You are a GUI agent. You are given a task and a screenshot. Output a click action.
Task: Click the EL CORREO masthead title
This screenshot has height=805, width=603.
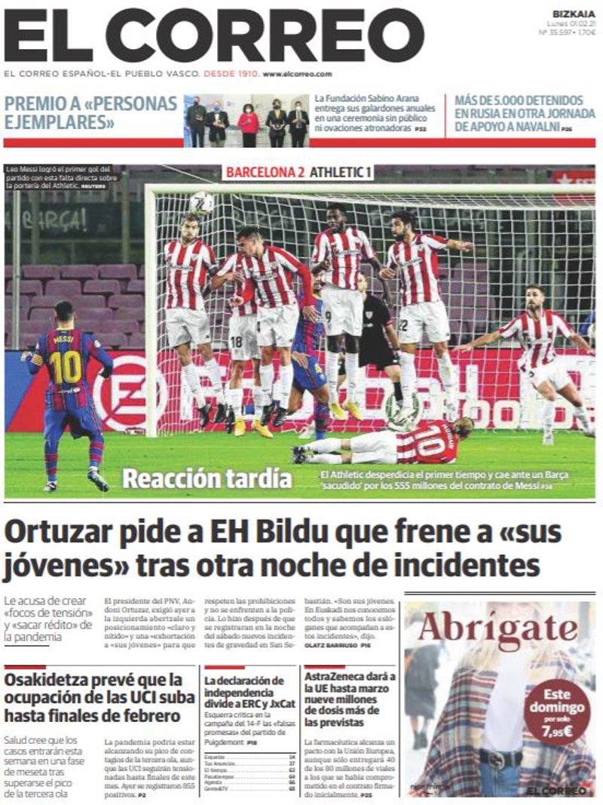tap(214, 35)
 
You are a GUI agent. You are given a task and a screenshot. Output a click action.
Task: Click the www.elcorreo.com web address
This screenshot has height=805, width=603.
tap(297, 74)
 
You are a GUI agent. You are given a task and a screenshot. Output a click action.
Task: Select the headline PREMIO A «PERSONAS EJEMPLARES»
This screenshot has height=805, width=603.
tap(90, 112)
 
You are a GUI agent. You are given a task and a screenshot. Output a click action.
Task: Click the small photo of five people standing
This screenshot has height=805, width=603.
tap(247, 120)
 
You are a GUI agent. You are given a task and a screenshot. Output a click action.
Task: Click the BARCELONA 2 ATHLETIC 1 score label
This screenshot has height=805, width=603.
tap(299, 172)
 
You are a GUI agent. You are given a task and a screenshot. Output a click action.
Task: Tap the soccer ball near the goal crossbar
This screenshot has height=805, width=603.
tap(202, 201)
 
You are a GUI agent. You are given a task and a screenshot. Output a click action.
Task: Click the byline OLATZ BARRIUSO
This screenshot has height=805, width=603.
tap(331, 647)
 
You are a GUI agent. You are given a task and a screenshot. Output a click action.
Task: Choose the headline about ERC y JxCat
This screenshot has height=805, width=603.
tap(244, 693)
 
